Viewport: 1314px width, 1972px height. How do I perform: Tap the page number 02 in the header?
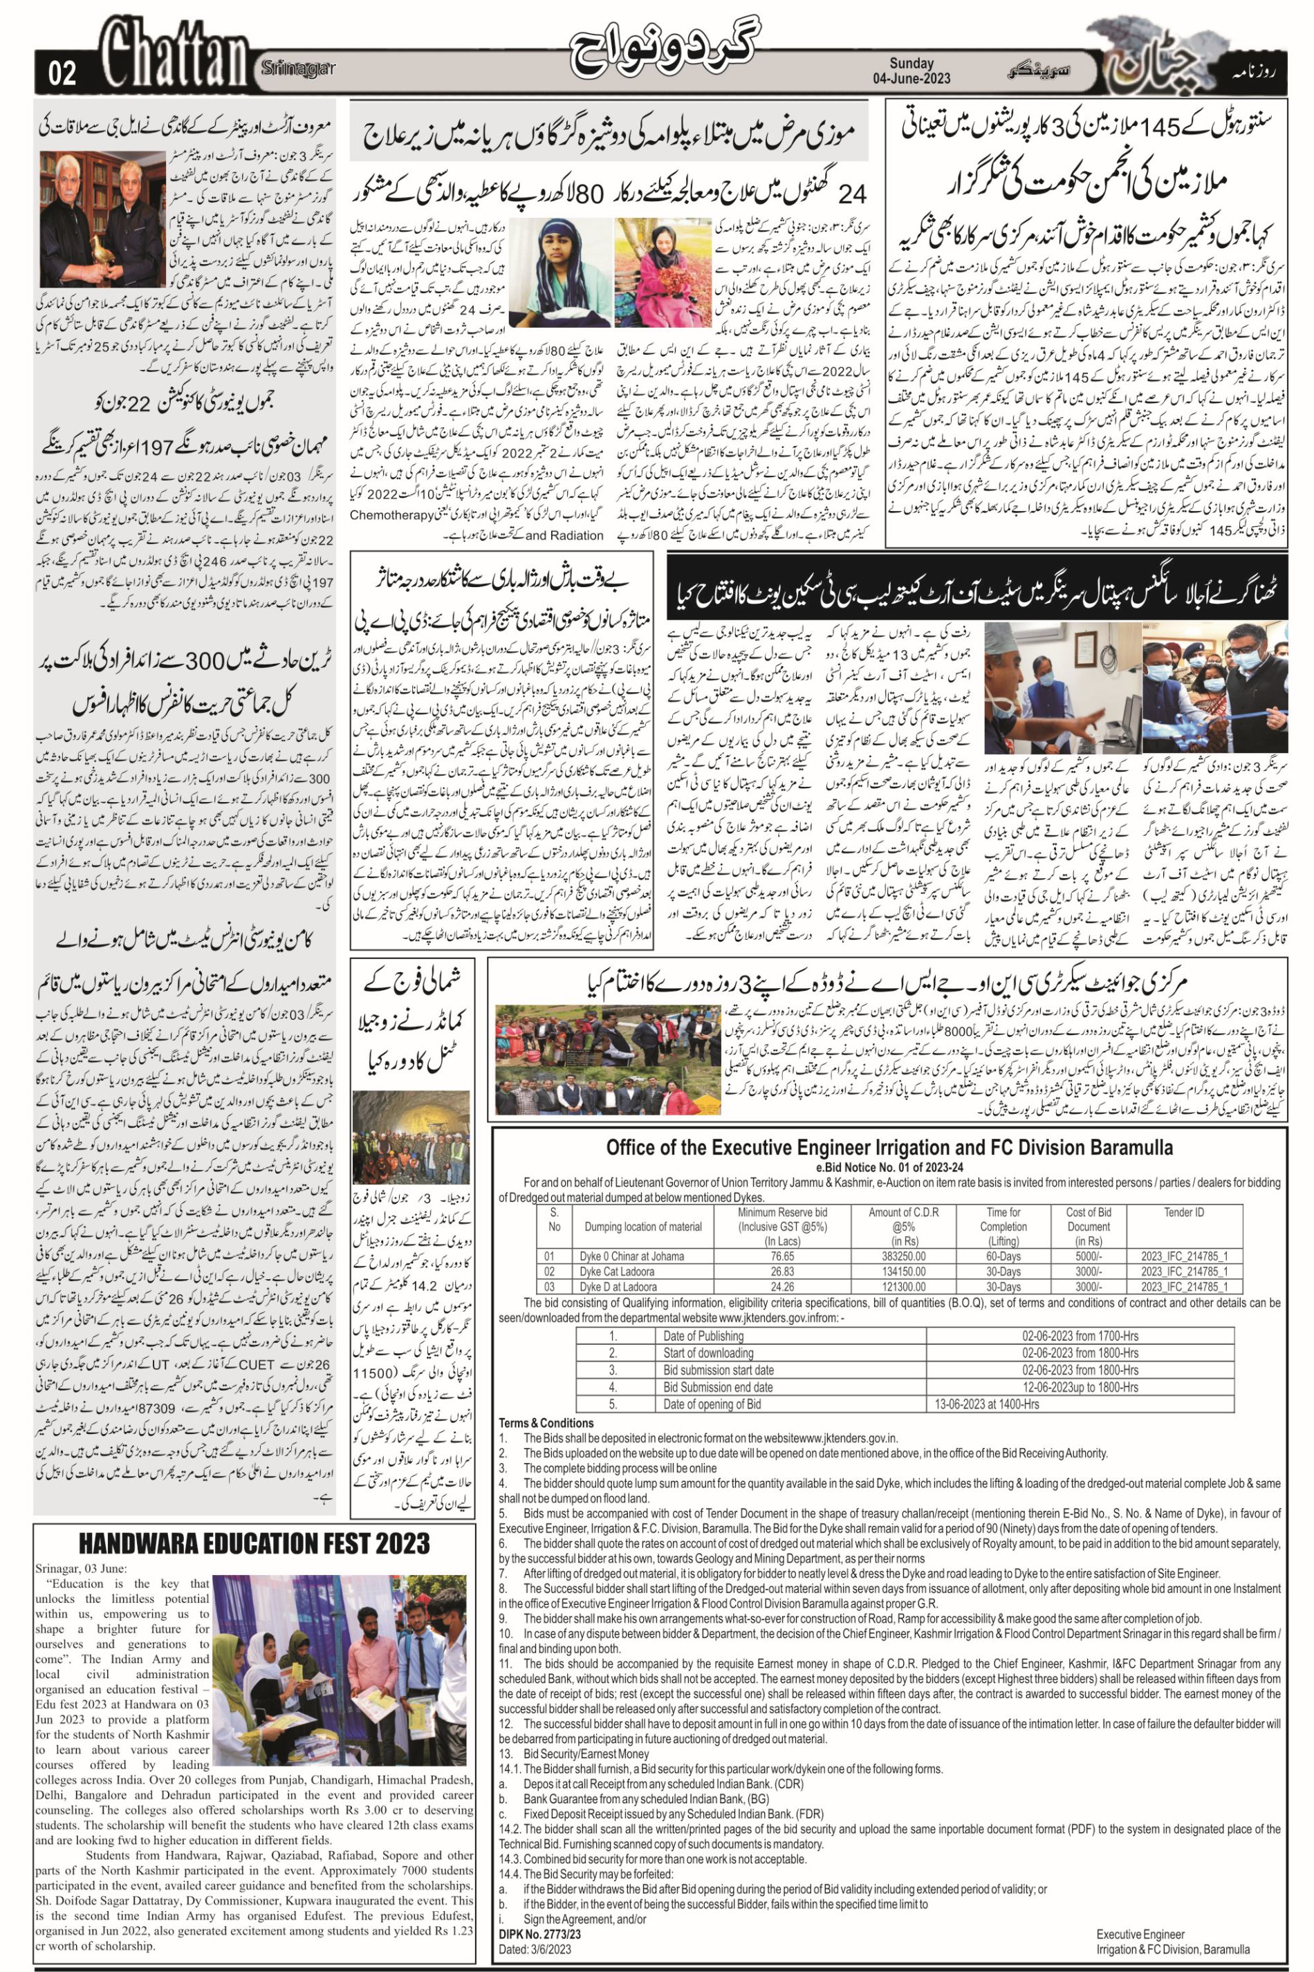click(x=63, y=75)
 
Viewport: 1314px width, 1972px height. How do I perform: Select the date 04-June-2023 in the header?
click(x=918, y=80)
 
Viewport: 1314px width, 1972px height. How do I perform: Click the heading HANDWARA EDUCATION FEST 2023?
click(x=254, y=1543)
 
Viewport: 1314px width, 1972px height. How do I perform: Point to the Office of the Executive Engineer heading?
click(x=889, y=1147)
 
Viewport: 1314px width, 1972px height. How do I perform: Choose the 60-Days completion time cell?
click(x=1002, y=1256)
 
